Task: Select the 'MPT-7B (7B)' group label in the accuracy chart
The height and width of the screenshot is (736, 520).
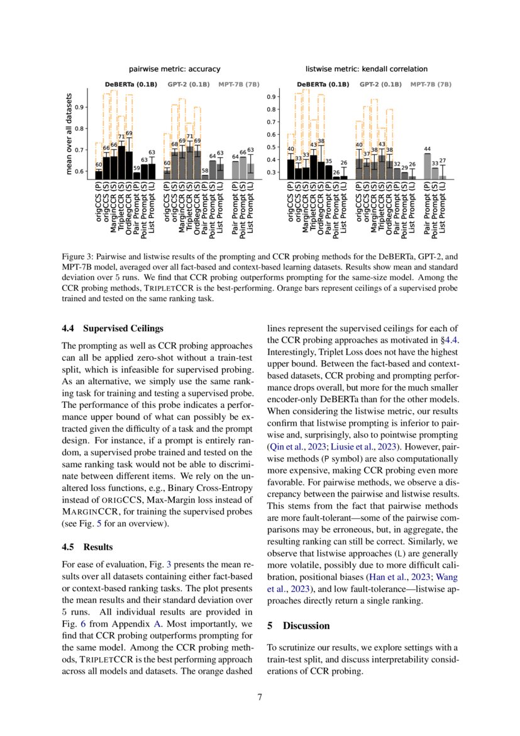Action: click(x=240, y=84)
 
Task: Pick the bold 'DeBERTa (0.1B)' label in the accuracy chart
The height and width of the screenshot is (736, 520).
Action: click(x=131, y=84)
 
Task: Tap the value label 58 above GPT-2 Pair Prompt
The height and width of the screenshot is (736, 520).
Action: click(x=204, y=171)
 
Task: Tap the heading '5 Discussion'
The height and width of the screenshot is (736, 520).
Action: click(x=298, y=626)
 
